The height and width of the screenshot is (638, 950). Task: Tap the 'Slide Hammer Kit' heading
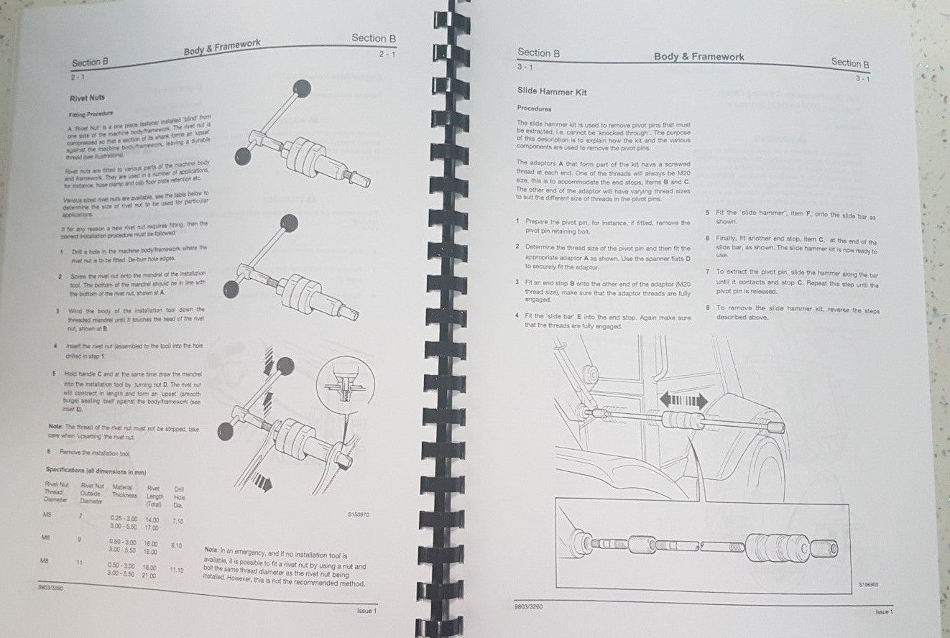(x=548, y=91)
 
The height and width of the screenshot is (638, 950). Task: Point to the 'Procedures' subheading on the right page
(x=534, y=108)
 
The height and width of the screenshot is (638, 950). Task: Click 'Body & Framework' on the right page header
(x=698, y=57)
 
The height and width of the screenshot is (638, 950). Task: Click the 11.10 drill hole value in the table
(x=176, y=569)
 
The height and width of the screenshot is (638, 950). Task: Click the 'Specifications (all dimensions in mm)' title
(x=96, y=471)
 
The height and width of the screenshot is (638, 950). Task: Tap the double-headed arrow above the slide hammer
(x=684, y=400)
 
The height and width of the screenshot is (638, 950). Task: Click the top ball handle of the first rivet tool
(x=303, y=88)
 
